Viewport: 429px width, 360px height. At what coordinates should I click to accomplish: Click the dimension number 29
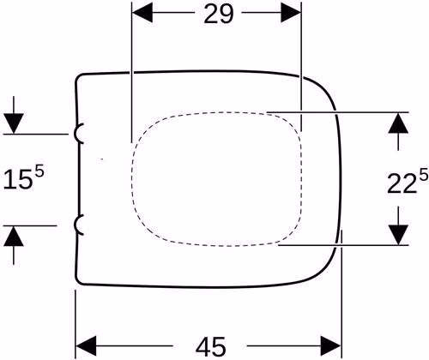tap(219, 14)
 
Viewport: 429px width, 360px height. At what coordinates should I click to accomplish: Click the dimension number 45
tap(211, 346)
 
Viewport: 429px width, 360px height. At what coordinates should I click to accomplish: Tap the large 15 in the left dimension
tap(16, 179)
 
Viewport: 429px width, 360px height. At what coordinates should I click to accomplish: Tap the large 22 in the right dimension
tap(401, 183)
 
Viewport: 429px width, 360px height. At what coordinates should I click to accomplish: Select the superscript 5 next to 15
tap(39, 171)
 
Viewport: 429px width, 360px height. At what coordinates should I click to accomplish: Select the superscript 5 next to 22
tap(424, 175)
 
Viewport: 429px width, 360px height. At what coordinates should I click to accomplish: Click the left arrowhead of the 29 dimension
tap(142, 13)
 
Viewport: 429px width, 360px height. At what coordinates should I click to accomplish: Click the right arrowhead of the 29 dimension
tap(291, 13)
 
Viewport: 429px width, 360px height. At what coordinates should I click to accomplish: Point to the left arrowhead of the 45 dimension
tap(86, 346)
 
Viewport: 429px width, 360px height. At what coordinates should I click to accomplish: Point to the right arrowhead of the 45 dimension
tap(331, 346)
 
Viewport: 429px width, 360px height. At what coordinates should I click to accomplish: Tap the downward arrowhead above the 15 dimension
tap(14, 123)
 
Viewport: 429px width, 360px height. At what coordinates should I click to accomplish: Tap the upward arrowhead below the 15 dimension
tap(14, 236)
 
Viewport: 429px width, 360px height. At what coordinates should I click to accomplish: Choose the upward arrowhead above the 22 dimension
tap(398, 123)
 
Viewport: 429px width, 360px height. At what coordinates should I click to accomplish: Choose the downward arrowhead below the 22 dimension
tap(398, 235)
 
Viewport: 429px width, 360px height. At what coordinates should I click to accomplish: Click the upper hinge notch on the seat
tap(76, 134)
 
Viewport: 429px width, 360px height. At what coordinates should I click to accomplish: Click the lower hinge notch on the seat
tap(76, 225)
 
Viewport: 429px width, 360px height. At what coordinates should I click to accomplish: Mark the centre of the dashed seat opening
tap(217, 179)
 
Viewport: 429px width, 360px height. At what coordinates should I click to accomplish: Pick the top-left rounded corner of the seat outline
tap(78, 76)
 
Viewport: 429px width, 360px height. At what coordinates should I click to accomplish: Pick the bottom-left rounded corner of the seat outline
tap(78, 281)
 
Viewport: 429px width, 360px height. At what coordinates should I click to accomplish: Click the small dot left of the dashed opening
tap(102, 159)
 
